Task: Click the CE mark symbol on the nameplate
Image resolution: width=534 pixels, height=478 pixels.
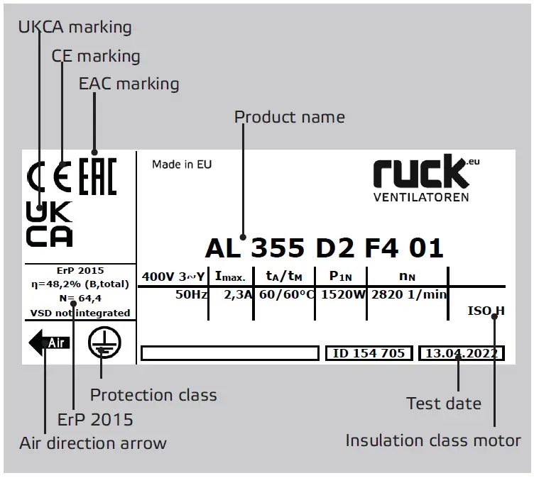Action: pyautogui.click(x=49, y=179)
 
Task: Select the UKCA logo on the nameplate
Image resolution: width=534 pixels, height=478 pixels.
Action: pyautogui.click(x=49, y=225)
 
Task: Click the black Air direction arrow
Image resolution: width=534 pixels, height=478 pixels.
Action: pyautogui.click(x=48, y=343)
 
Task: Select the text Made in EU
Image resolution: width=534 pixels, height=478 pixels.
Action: pyautogui.click(x=182, y=165)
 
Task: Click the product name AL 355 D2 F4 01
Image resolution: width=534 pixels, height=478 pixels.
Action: pyautogui.click(x=324, y=248)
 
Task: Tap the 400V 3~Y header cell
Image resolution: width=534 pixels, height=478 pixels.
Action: pyautogui.click(x=174, y=276)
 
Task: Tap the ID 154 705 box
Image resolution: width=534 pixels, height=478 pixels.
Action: pyautogui.click(x=369, y=353)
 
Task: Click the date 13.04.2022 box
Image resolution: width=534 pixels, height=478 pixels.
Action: pyautogui.click(x=462, y=353)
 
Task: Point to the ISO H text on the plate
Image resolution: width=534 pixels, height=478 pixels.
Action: pyautogui.click(x=486, y=311)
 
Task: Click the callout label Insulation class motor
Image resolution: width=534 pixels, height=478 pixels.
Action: pyautogui.click(x=433, y=440)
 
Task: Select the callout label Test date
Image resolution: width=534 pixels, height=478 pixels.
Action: pyautogui.click(x=444, y=404)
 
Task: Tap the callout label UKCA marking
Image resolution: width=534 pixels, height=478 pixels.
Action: pyautogui.click(x=75, y=27)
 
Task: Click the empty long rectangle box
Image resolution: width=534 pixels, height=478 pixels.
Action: pyautogui.click(x=229, y=353)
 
